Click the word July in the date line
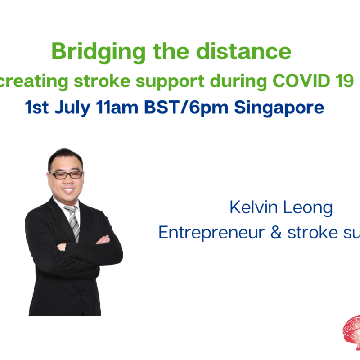77,108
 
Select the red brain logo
351,331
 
